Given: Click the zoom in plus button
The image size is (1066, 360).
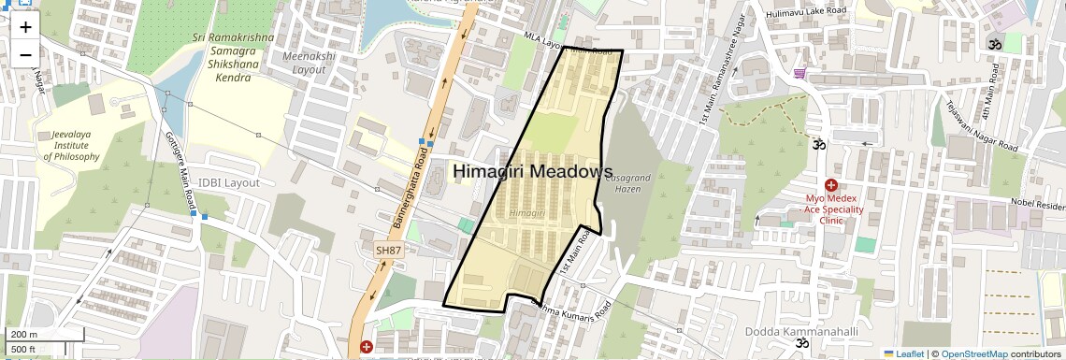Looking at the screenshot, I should (x=25, y=27).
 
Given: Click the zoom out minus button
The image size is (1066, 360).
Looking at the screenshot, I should (x=25, y=55).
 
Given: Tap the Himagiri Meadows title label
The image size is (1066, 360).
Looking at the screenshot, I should (x=533, y=171).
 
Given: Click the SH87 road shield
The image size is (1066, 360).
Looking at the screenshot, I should (x=387, y=251).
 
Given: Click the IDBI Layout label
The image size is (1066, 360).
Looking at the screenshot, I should (x=228, y=182).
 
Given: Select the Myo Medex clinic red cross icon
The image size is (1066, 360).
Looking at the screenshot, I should (x=830, y=185).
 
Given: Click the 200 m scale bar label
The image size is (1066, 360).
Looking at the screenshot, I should (x=23, y=334).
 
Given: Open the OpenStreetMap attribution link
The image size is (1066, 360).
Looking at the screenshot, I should (x=973, y=354).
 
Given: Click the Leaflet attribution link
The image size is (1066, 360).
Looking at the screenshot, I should (x=902, y=354).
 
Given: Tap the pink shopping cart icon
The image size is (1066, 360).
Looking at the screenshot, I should (x=799, y=73).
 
